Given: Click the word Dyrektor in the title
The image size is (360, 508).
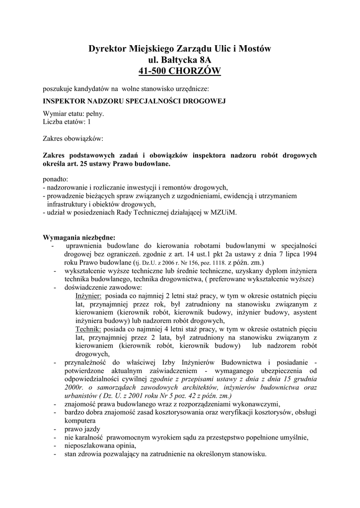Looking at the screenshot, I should click(106, 49).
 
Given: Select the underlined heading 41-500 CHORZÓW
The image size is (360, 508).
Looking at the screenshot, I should click(180, 71).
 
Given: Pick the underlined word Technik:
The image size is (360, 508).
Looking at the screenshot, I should click(88, 328).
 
